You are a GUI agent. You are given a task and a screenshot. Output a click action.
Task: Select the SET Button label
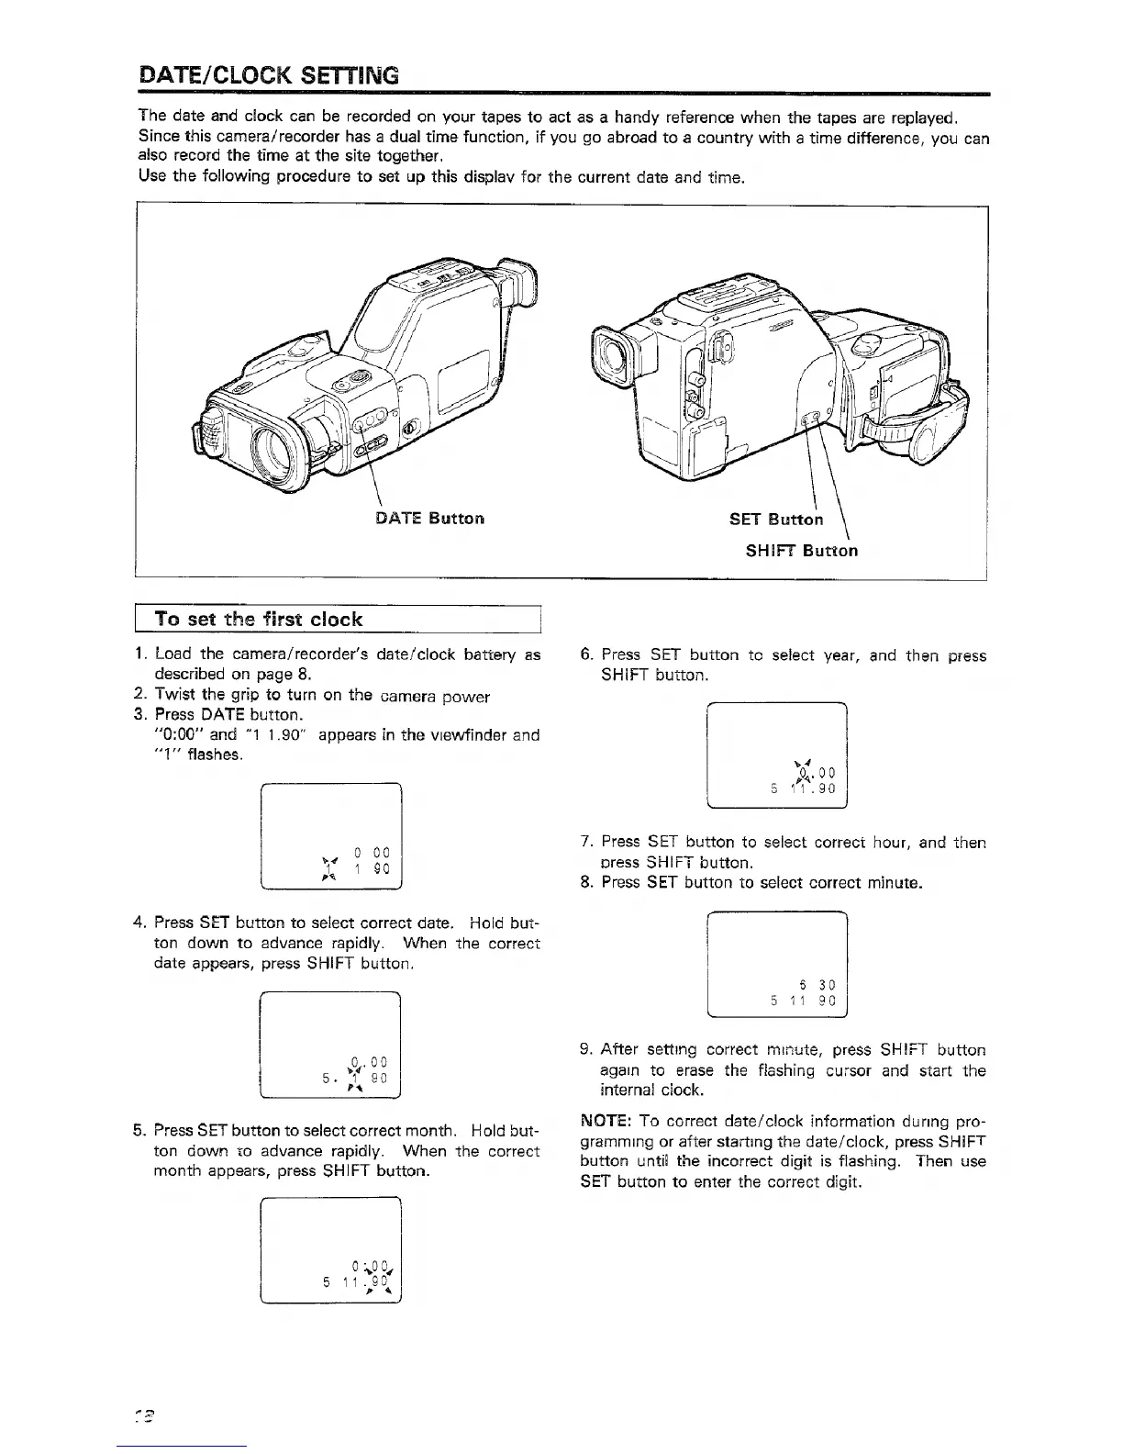tap(776, 520)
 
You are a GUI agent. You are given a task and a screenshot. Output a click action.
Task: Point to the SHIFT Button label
tap(801, 551)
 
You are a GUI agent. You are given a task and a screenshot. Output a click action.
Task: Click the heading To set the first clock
tap(259, 619)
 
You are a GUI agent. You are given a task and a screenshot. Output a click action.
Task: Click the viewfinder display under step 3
tap(331, 836)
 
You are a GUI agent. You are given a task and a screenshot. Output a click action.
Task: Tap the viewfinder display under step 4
tap(331, 1046)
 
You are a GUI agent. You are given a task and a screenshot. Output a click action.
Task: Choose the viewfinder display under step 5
tap(331, 1251)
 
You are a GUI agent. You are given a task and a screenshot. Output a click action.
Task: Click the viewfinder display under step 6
tap(776, 755)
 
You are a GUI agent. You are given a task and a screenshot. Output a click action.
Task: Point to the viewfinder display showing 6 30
tap(776, 965)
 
